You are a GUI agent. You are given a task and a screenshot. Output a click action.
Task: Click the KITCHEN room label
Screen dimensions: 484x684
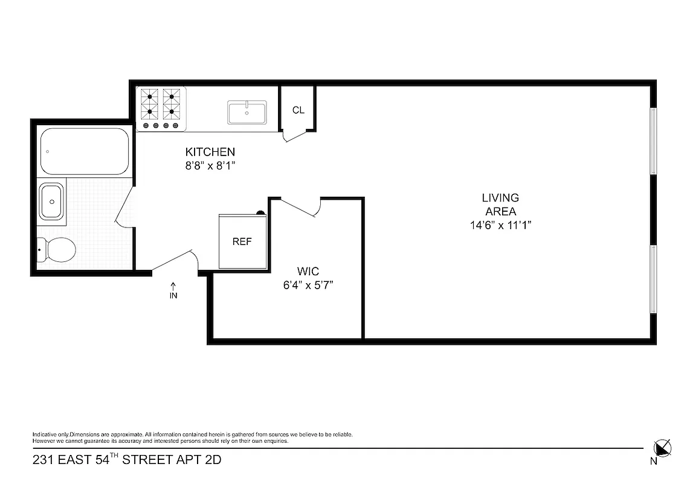point(210,152)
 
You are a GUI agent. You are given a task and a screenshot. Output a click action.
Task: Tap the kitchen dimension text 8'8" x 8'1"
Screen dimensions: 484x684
point(210,165)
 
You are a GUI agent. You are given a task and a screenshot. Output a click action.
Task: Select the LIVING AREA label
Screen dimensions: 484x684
point(500,204)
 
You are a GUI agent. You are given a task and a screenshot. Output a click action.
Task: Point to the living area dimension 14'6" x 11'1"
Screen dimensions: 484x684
point(500,225)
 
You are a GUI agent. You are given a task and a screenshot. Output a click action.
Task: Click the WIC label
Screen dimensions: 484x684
point(308,271)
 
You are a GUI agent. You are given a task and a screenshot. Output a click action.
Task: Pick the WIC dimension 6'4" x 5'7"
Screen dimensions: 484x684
point(308,284)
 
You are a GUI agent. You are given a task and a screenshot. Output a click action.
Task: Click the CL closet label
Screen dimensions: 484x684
point(298,110)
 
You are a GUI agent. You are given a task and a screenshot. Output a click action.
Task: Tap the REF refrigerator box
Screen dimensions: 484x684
point(242,241)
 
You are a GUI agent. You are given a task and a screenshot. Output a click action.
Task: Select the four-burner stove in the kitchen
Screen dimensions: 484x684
point(161,108)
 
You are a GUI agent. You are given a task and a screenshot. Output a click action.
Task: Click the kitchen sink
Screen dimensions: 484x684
point(247,113)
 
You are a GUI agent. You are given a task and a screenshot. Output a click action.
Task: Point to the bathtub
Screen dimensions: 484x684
point(85,151)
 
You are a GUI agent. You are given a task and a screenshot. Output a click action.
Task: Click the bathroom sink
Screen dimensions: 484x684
point(51,201)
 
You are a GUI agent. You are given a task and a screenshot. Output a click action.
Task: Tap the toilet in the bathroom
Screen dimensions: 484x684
point(57,248)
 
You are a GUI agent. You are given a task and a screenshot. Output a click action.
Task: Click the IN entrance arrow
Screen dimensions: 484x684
point(173,290)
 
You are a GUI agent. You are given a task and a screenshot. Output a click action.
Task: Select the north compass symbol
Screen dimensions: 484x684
point(662,448)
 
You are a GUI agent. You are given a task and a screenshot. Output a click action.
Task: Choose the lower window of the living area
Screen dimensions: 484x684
point(653,279)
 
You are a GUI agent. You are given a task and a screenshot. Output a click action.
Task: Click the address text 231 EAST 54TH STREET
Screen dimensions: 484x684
point(127,460)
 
